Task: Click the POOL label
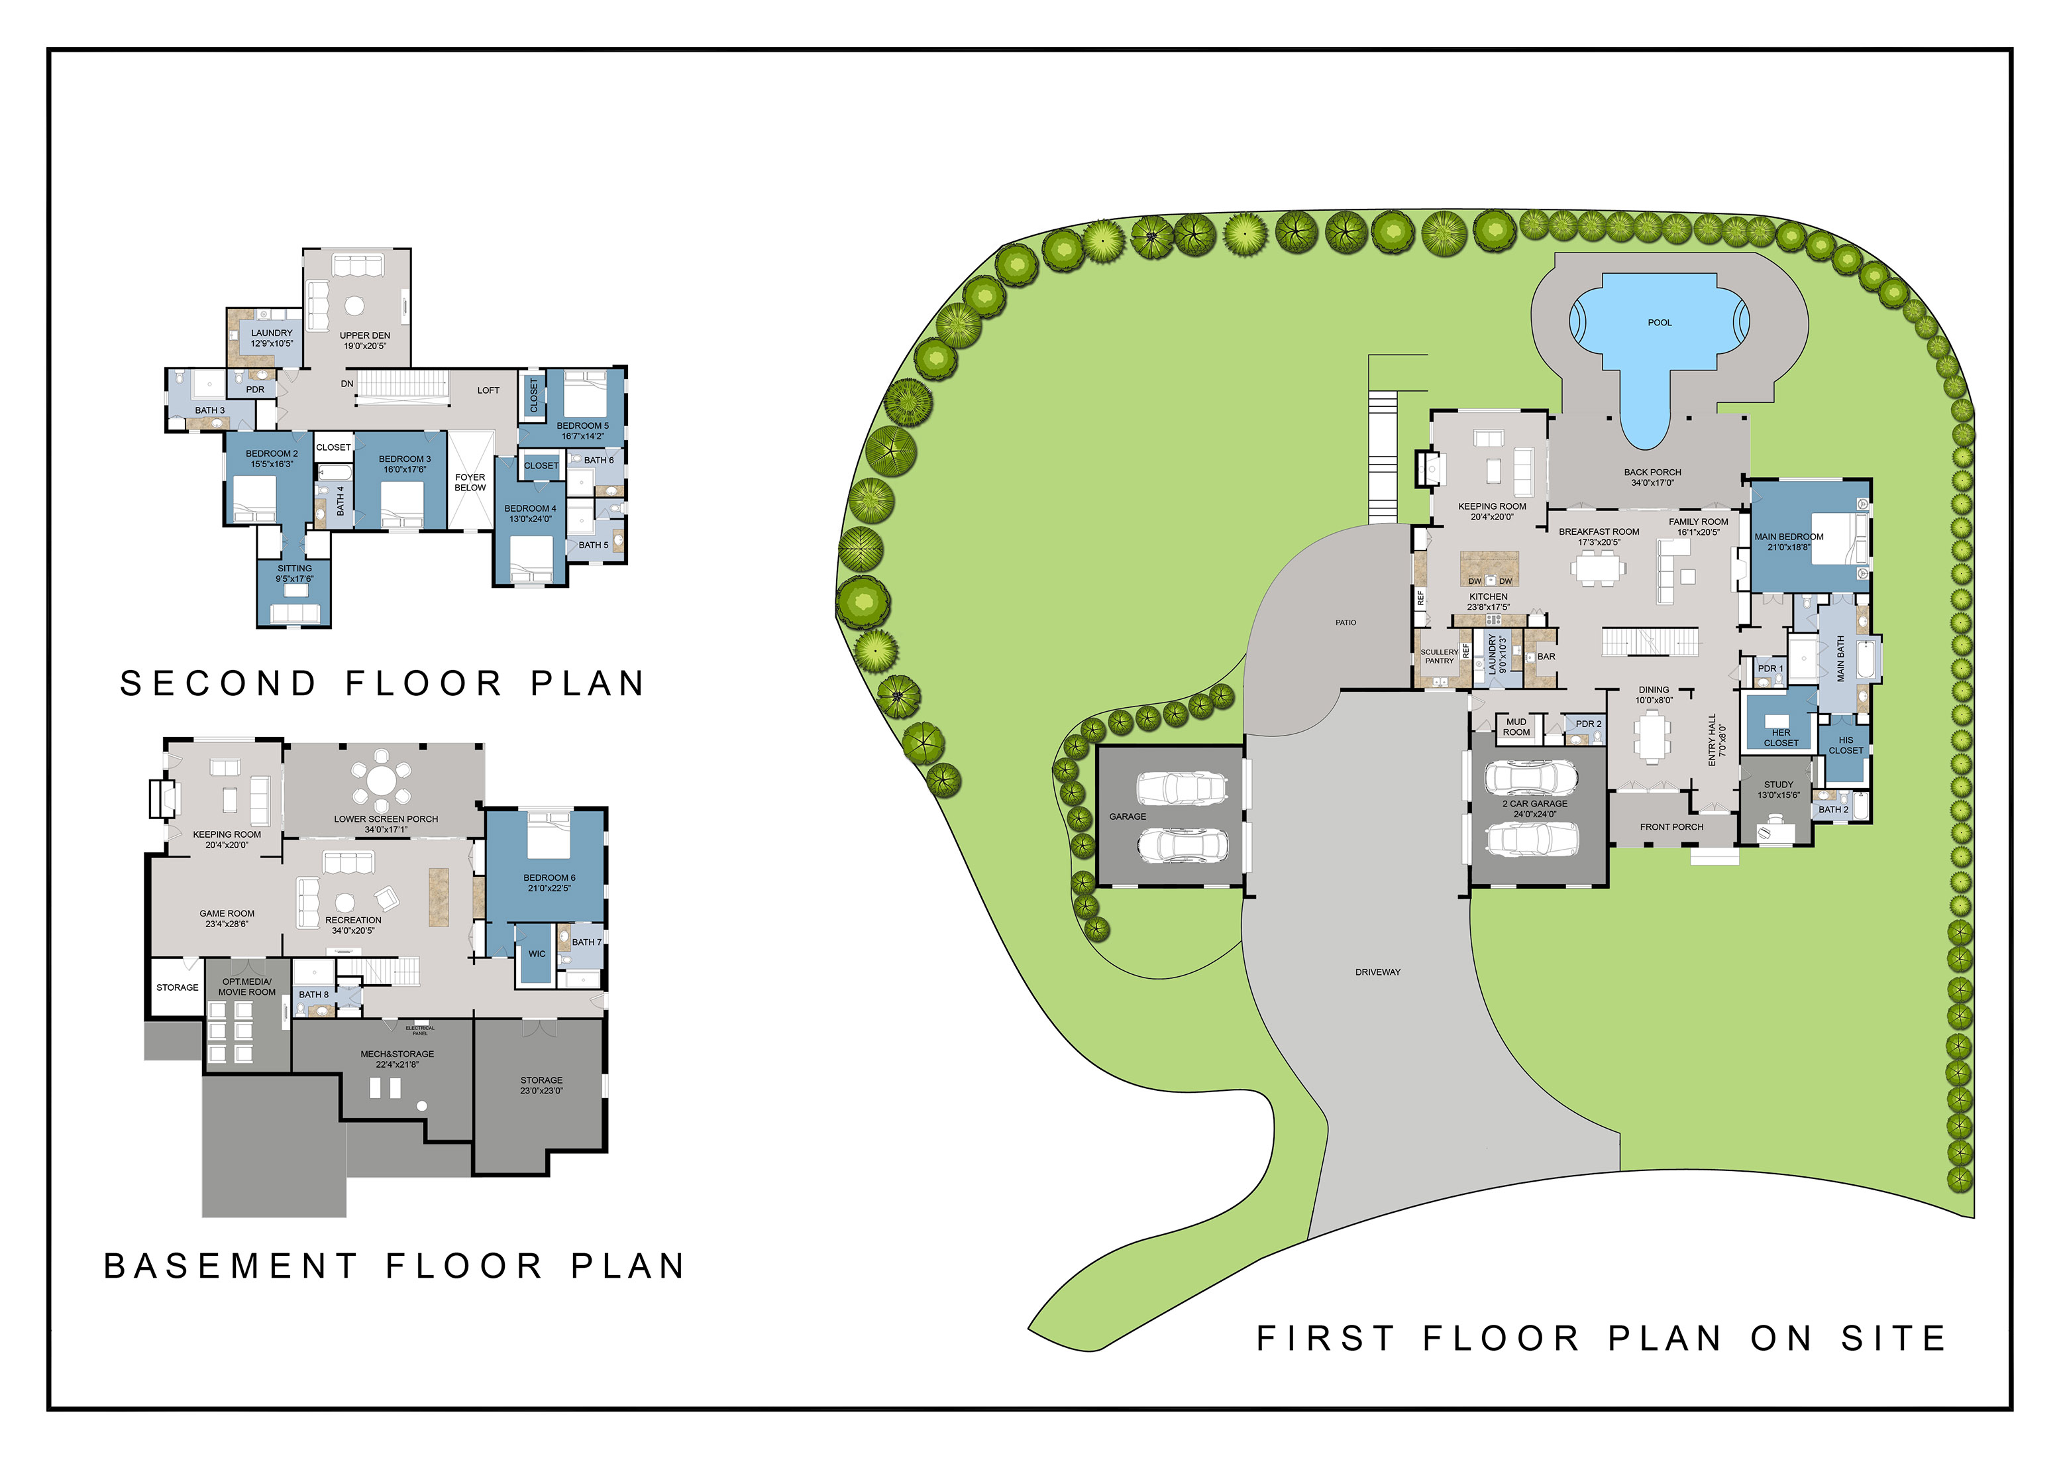pyautogui.click(x=1660, y=322)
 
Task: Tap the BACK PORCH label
pyautogui.click(x=1652, y=473)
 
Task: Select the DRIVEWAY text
pyautogui.click(x=1378, y=972)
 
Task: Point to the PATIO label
pyautogui.click(x=1346, y=622)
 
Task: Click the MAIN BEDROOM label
pyautogui.click(x=1789, y=537)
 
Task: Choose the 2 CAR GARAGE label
pyautogui.click(x=1535, y=803)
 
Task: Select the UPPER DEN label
pyautogui.click(x=364, y=336)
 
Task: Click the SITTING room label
pyautogui.click(x=294, y=569)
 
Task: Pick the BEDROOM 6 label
pyautogui.click(x=549, y=878)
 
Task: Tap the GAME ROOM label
pyautogui.click(x=227, y=914)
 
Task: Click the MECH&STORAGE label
pyautogui.click(x=397, y=1054)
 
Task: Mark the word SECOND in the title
pyautogui.click(x=219, y=684)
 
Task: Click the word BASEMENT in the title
pyautogui.click(x=232, y=1266)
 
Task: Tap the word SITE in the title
pyautogui.click(x=1894, y=1339)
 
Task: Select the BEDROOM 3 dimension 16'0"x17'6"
pyautogui.click(x=405, y=469)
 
